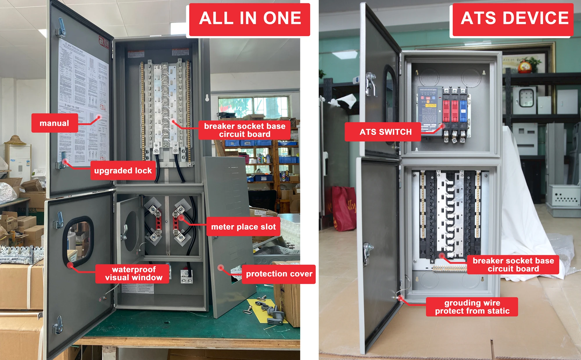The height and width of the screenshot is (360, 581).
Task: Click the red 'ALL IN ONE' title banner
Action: [250, 19]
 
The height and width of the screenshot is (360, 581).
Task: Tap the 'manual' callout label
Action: [55, 123]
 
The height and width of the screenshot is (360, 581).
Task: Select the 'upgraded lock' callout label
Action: [123, 170]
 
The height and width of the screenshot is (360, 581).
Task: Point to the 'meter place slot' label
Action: [243, 227]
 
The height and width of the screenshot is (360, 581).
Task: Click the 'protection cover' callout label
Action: [279, 274]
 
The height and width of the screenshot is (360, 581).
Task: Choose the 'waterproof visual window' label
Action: [133, 273]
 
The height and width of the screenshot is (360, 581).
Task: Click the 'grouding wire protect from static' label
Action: [472, 307]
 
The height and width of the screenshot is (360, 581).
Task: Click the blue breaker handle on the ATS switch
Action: [463, 111]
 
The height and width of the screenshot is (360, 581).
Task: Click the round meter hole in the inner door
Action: [132, 231]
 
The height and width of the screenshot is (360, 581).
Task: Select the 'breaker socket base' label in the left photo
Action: [245, 130]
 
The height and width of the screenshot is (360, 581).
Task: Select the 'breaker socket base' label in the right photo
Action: [513, 264]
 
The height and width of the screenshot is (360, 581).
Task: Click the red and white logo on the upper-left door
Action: [104, 42]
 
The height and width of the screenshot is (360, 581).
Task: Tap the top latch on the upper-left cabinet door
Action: [61, 28]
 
